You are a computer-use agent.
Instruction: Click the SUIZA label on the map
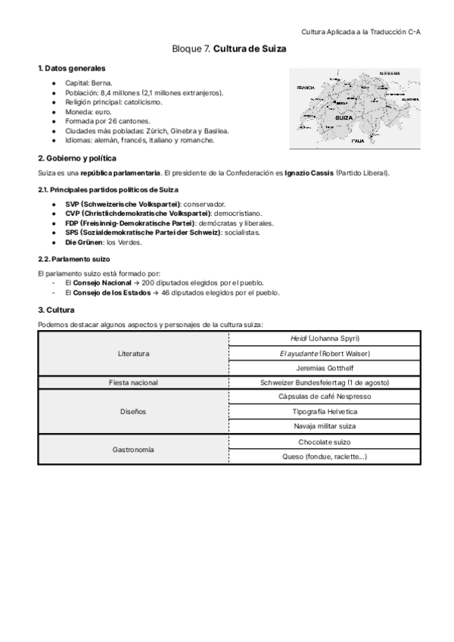[345, 119]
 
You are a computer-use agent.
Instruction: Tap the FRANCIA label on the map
[306, 87]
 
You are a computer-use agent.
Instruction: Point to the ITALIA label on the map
[358, 141]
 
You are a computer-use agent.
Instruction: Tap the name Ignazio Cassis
[308, 173]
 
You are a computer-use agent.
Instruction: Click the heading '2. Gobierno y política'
[77, 158]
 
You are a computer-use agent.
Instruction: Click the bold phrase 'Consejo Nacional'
[101, 282]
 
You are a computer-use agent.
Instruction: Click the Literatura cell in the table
[133, 354]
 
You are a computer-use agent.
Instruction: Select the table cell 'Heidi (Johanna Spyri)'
[325, 338]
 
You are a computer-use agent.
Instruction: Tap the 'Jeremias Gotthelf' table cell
[325, 368]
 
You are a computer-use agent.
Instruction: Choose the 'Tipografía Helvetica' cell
[325, 412]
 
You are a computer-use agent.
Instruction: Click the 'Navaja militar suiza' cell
[325, 426]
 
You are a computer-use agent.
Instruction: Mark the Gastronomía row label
[133, 449]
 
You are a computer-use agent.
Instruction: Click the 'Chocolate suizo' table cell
[325, 441]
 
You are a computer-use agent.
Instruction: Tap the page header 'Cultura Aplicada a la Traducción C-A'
[361, 32]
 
